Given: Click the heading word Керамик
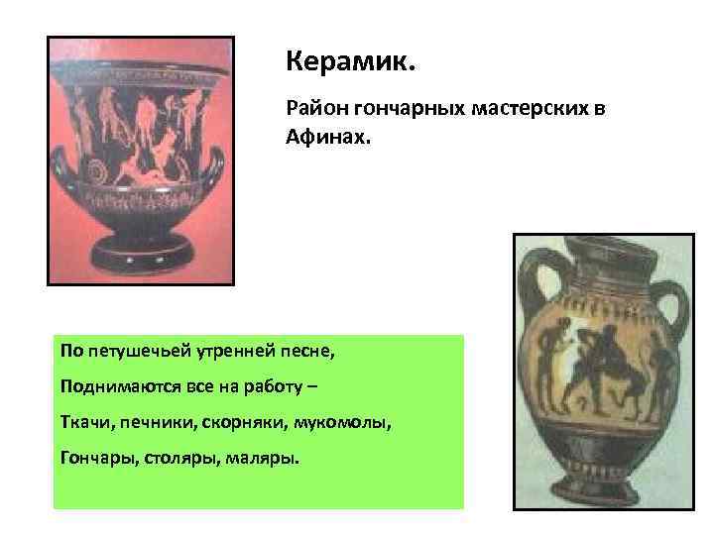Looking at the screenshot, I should (351, 62).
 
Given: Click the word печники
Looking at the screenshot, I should (153, 423).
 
